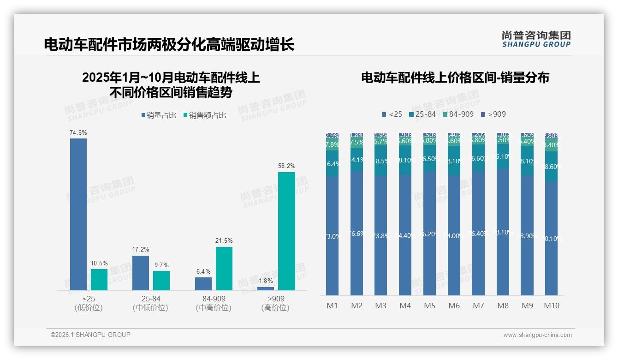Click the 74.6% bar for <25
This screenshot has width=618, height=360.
[78, 214]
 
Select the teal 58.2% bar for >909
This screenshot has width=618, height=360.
[286, 231]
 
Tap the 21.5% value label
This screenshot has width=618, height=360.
[224, 241]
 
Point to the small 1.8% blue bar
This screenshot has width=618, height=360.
[266, 288]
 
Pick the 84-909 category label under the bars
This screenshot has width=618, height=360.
[214, 299]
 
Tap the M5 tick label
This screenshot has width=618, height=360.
[429, 306]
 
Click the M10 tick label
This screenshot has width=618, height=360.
[551, 306]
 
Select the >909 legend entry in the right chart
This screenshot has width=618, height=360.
[493, 114]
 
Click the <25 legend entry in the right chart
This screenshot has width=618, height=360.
[392, 114]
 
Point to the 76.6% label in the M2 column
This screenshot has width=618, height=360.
[357, 234]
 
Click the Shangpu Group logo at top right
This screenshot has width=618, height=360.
[536, 39]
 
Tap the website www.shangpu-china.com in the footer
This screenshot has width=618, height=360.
[537, 335]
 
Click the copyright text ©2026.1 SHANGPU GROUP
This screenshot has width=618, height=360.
[90, 335]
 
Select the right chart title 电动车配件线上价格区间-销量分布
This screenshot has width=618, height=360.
[455, 78]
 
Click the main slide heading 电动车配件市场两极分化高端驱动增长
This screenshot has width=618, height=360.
[169, 45]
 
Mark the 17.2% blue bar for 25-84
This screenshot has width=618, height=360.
[141, 273]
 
